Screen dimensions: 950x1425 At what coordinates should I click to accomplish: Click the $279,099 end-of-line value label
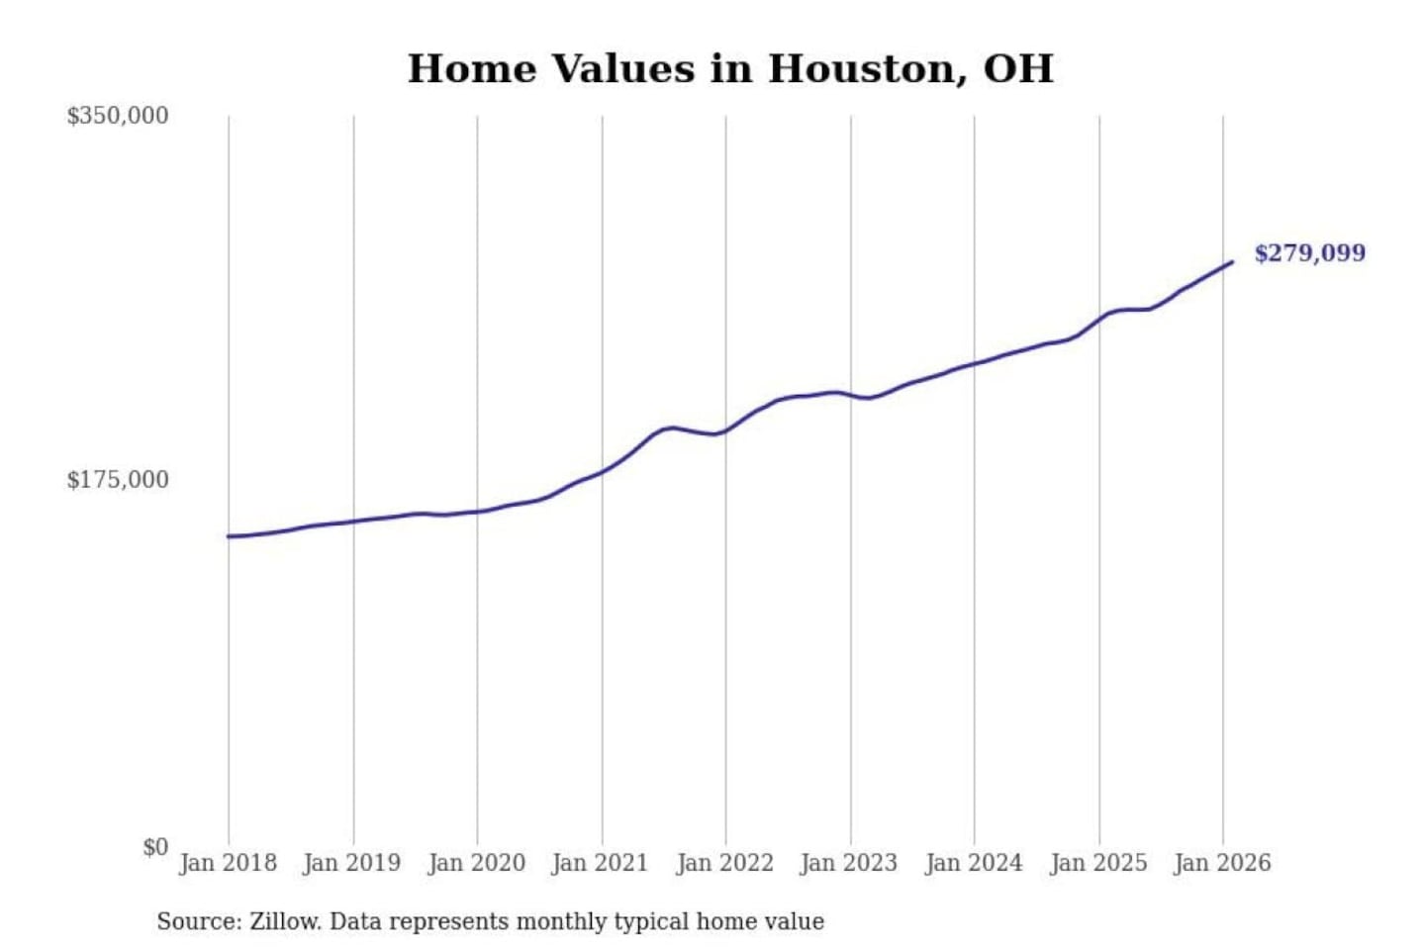point(1309,253)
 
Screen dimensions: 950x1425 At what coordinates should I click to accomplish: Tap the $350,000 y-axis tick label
point(117,116)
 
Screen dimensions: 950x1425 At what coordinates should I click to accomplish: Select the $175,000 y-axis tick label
point(117,480)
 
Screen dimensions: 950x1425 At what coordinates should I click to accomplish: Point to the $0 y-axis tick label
point(154,847)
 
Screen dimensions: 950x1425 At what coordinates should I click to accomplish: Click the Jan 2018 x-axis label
point(228,863)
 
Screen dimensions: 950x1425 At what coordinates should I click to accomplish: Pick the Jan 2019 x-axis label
point(351,863)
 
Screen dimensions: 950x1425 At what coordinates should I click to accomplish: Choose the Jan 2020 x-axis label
point(476,863)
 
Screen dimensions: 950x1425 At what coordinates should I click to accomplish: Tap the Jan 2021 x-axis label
point(600,863)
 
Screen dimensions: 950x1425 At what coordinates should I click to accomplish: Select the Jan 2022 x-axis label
point(724,863)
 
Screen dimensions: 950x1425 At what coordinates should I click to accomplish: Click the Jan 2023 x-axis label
point(848,863)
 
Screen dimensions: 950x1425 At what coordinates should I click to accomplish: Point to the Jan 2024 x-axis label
point(973,863)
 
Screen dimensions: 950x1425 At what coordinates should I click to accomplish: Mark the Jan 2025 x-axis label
point(1097,863)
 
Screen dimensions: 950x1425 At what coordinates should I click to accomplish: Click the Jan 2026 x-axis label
point(1221,863)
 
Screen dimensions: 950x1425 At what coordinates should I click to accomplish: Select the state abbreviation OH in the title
point(1017,69)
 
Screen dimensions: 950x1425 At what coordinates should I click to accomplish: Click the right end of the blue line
point(1232,262)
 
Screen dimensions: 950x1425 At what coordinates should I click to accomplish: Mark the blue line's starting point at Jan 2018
point(229,536)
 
